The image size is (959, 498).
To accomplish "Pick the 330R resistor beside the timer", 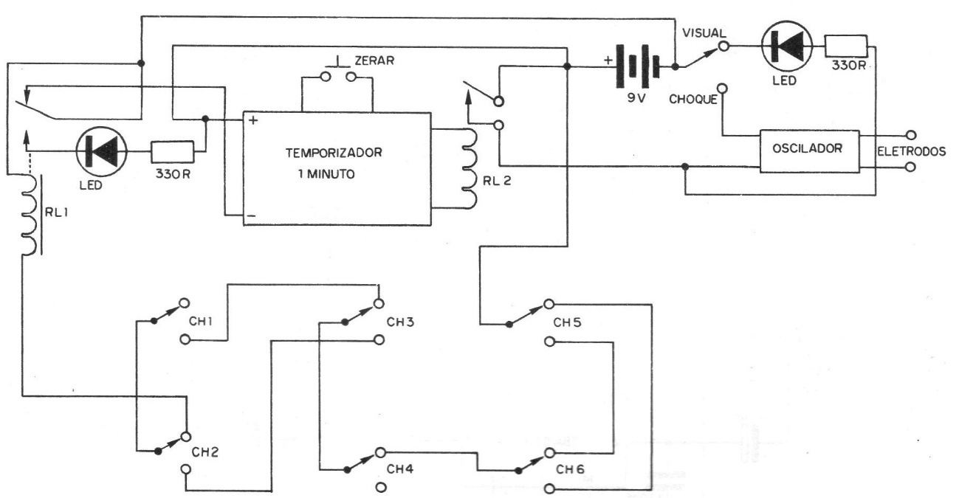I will coord(172,153).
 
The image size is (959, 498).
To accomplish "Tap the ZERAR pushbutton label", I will coord(377,59).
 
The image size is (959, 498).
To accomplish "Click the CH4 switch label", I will coord(399,469).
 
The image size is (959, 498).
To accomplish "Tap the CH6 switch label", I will coord(571,469).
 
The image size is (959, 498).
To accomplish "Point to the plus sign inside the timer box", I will coord(253,121).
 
